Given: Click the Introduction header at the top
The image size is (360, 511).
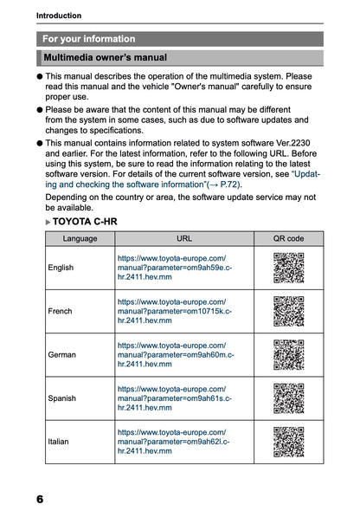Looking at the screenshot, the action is [59, 16].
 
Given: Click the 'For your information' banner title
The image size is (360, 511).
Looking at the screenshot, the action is [88, 39].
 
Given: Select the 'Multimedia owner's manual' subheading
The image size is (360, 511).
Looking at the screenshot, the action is [105, 58].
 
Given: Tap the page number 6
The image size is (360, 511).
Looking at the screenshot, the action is [40, 499].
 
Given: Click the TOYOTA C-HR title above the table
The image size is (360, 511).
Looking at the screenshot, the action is [85, 222].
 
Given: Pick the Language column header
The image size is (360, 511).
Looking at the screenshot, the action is [80, 238].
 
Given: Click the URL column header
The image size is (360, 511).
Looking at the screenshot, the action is [184, 238].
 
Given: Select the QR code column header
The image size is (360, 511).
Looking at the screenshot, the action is [289, 238].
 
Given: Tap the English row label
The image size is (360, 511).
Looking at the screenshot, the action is [61, 268].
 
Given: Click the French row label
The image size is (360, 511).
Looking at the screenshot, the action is [61, 311].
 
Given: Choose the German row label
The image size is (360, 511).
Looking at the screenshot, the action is [61, 354].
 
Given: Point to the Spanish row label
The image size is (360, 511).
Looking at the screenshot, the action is [61, 398].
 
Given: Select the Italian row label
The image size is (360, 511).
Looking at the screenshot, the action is [58, 442].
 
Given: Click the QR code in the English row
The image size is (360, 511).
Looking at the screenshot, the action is [289, 268].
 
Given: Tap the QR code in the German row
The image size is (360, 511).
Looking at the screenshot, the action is [289, 355].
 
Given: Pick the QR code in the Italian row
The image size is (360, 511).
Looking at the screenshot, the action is [289, 442].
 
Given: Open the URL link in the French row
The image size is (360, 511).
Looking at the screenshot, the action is [175, 311].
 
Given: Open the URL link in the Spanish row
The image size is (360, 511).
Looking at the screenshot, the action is [175, 398].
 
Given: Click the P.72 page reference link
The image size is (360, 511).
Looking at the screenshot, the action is [230, 184].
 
